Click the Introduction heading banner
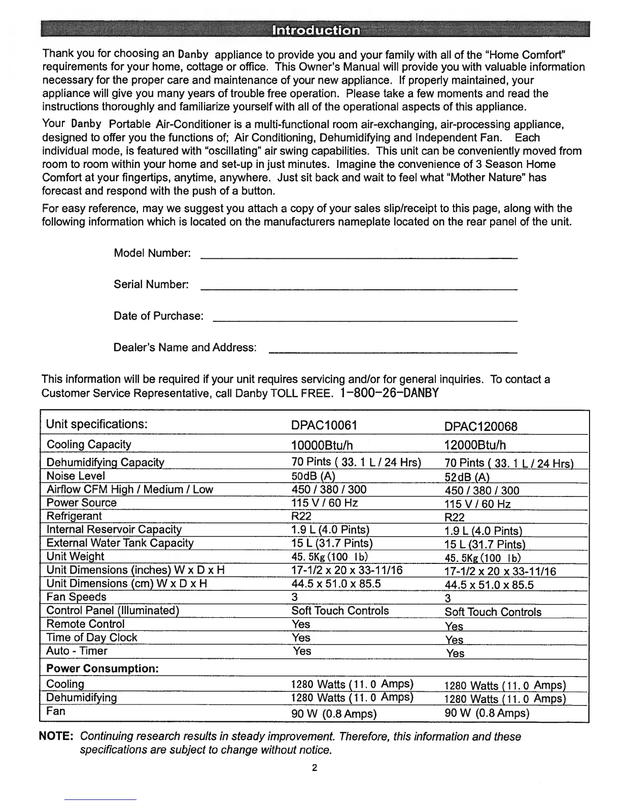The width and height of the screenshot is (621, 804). click(317, 30)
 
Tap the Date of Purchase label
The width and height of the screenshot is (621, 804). click(158, 316)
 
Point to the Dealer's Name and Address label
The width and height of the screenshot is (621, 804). click(185, 348)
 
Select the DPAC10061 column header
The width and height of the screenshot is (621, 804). click(325, 425)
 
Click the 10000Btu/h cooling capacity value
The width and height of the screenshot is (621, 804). click(320, 445)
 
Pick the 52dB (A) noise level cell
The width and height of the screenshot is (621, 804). click(466, 477)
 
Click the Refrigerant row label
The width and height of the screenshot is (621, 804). click(74, 516)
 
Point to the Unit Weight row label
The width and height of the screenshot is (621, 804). click(75, 556)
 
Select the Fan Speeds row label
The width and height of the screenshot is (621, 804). click(77, 597)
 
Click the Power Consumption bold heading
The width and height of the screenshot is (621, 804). click(102, 668)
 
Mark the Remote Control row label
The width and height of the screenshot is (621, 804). click(85, 624)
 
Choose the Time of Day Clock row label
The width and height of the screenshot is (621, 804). click(92, 638)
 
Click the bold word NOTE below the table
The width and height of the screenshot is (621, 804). click(57, 736)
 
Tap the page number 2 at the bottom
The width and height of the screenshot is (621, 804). click(315, 768)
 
